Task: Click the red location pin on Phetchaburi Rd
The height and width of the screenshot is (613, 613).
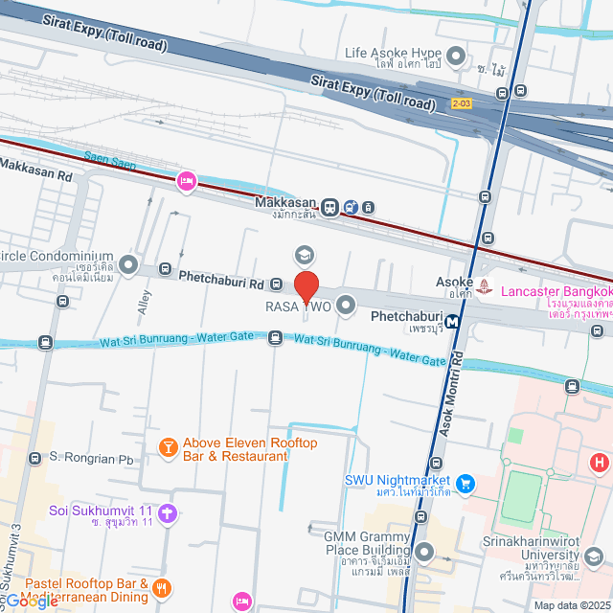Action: point(306,287)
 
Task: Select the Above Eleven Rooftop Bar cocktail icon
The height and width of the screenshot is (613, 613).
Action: point(168,447)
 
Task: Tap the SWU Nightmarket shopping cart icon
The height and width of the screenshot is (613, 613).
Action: point(465,485)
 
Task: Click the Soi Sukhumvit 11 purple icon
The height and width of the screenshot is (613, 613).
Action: point(169,513)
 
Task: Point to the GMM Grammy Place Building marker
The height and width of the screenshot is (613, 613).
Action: point(424,552)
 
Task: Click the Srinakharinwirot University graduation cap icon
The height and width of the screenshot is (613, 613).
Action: point(595,556)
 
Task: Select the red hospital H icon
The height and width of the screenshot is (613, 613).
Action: point(600,464)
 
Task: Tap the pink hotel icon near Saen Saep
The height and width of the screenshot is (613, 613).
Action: point(187,180)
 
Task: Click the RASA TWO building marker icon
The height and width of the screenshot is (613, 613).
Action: point(347,306)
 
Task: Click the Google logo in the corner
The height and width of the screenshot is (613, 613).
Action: point(29,602)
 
